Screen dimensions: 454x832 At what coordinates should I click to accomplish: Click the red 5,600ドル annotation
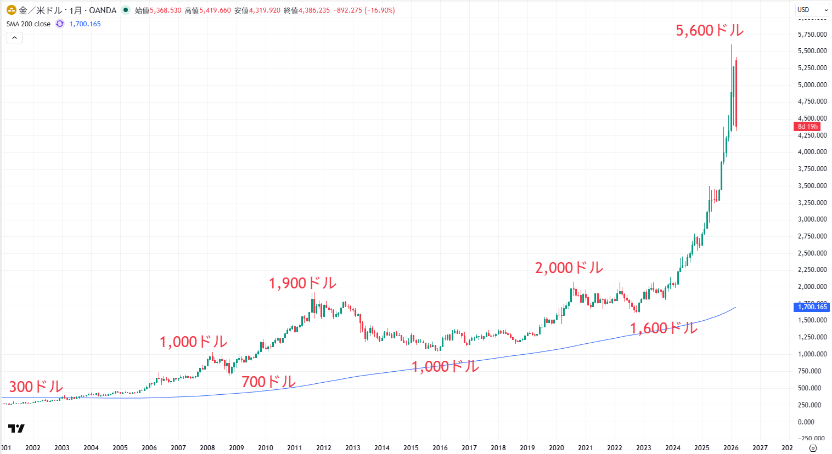coord(710,31)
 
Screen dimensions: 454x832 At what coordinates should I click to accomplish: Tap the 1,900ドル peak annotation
coord(302,283)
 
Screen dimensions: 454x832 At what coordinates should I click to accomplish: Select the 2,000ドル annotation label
coord(569,268)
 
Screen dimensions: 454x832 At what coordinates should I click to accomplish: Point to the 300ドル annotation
coord(36,387)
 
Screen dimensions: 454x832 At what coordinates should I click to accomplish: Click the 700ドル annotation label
coord(268,382)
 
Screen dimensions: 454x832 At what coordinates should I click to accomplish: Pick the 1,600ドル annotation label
coord(664,328)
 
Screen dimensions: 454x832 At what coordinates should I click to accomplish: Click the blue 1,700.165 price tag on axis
coord(812,307)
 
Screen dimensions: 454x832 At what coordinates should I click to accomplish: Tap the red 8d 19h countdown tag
coord(807,127)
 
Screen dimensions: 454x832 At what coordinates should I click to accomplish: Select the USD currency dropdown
coord(812,10)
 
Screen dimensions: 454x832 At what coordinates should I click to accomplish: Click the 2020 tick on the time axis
coord(556,448)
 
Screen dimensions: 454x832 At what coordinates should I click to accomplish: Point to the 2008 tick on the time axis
coord(207,448)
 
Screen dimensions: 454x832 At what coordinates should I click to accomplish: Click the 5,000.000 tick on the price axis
coord(812,85)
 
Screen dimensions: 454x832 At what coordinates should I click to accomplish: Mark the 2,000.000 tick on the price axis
coord(812,287)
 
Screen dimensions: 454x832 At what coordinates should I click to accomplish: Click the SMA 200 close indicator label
coord(29,24)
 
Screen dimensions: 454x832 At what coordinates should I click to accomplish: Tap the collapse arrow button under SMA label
coord(14,38)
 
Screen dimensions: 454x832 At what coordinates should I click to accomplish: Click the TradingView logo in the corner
coord(16,428)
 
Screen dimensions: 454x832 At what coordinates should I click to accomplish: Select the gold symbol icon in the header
coord(11,10)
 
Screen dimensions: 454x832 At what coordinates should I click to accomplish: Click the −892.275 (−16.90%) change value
coord(364,10)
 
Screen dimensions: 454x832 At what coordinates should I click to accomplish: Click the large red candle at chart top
coord(736,93)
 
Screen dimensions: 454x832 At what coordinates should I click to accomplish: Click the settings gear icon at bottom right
coord(813,448)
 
